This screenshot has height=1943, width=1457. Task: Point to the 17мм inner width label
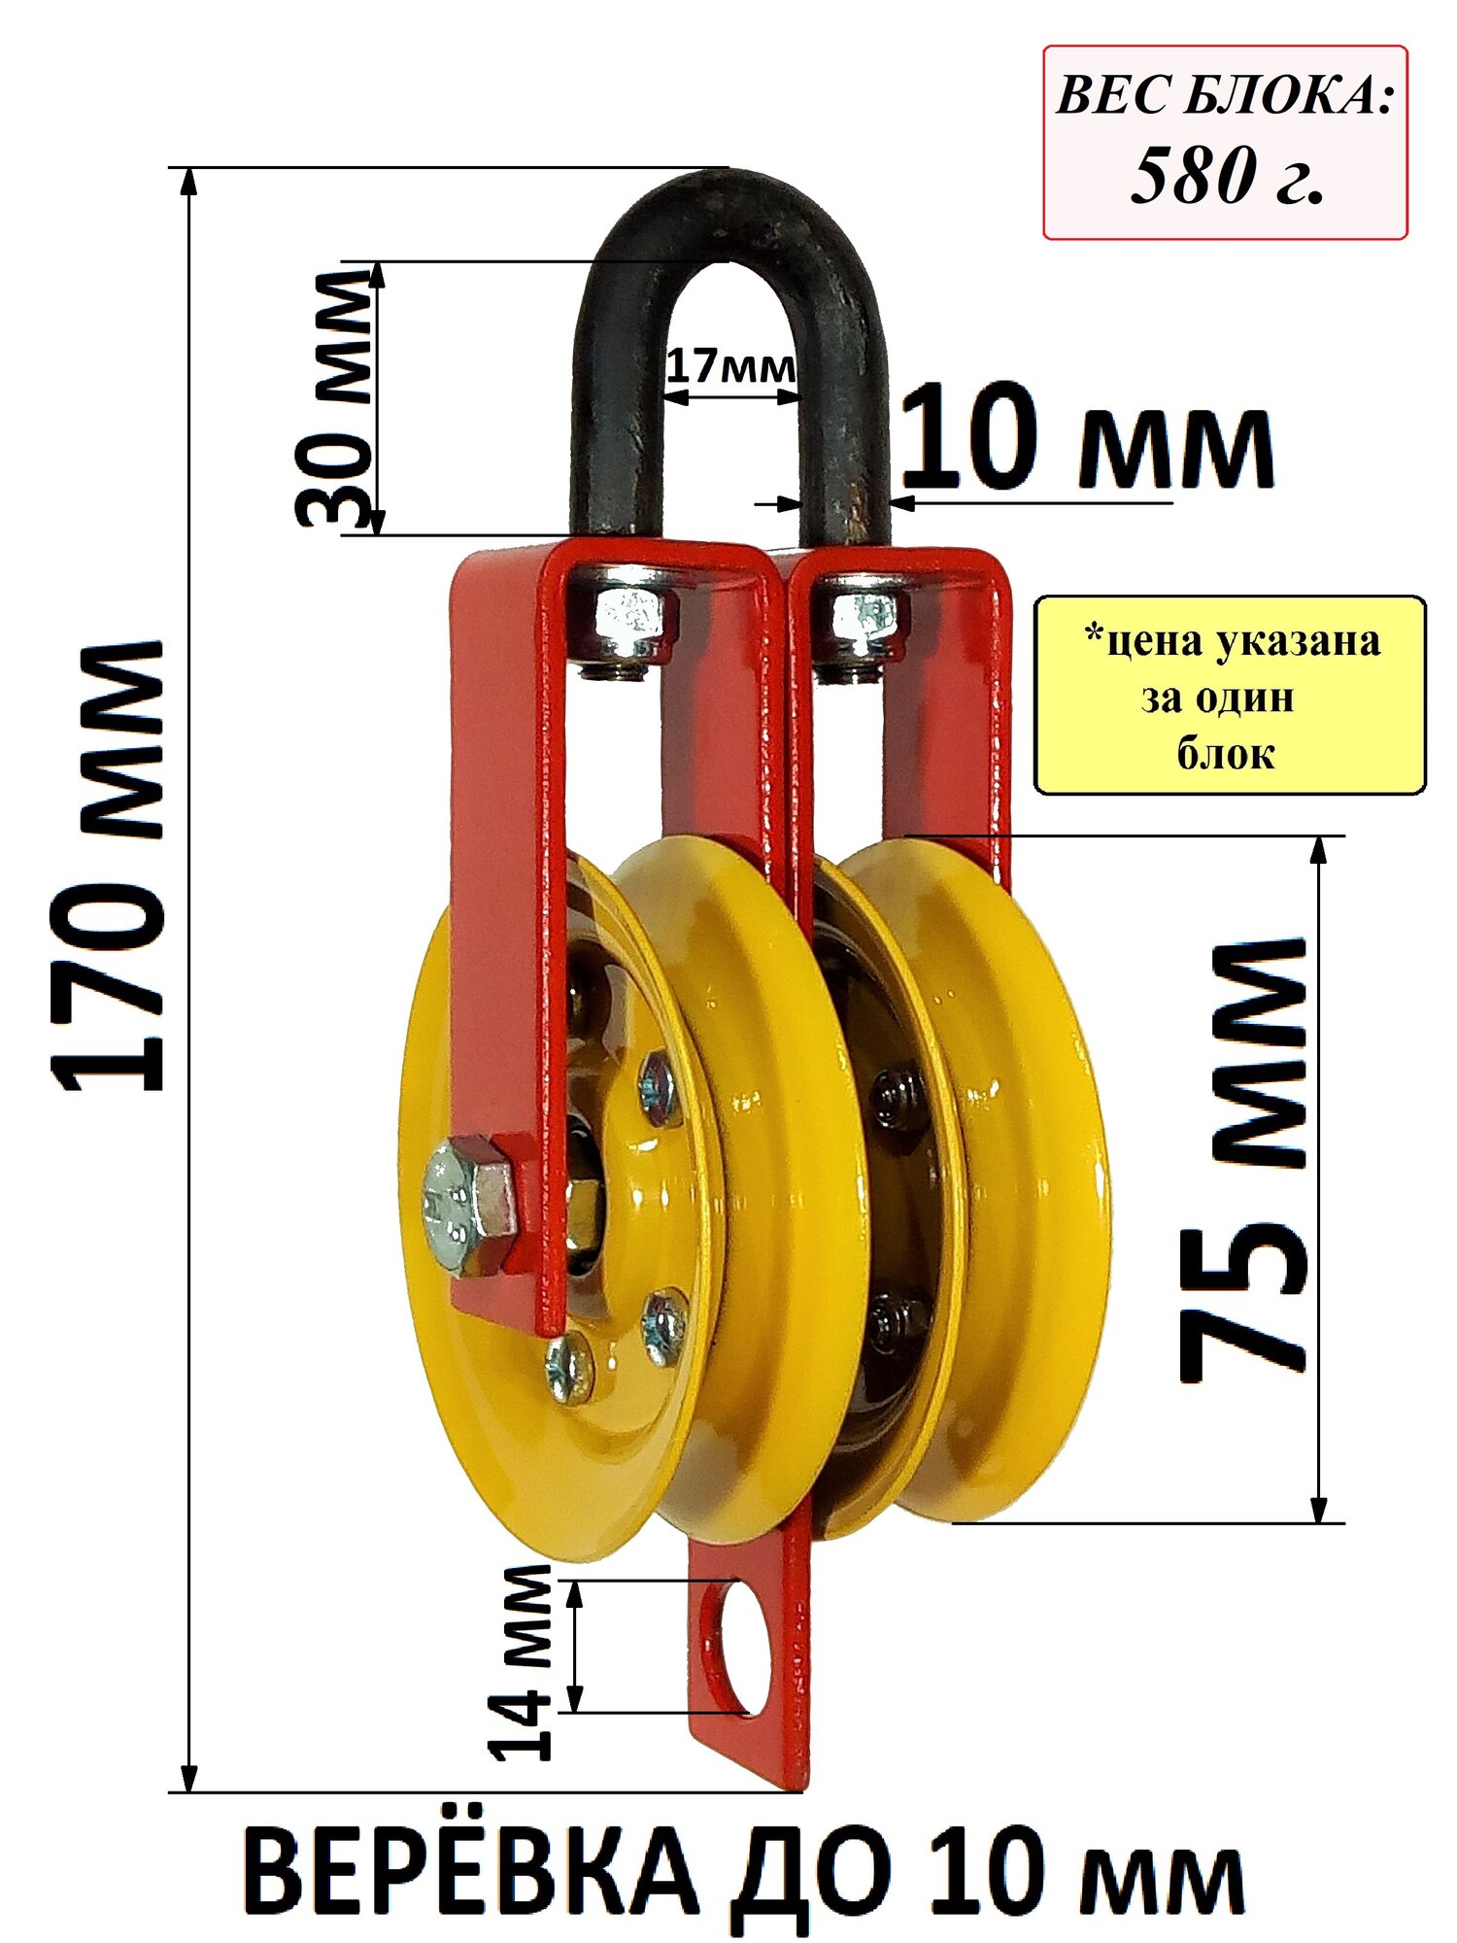(731, 367)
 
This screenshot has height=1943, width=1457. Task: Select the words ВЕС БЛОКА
(1224, 98)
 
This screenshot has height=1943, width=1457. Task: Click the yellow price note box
(1230, 696)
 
